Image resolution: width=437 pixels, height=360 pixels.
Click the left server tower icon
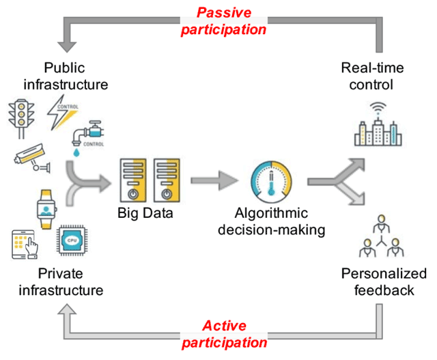(133, 180)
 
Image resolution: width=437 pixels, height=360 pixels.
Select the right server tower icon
(167, 180)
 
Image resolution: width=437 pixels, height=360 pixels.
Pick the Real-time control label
(376, 75)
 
